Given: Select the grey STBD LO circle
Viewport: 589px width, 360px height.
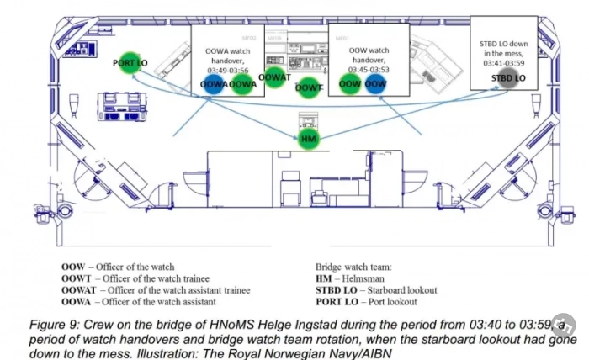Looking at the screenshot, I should pos(507,78).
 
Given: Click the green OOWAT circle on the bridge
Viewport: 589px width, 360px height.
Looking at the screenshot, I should pos(274,77).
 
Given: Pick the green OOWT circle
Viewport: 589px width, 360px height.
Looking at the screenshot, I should pos(310,87).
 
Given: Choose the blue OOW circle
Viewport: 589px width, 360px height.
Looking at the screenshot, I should pos(376,83).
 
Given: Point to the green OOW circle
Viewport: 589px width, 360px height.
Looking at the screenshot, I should pos(350,83).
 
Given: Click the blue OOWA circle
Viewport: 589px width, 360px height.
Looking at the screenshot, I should pos(214,84).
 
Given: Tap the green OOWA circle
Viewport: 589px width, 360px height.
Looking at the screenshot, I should pos(242,84).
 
